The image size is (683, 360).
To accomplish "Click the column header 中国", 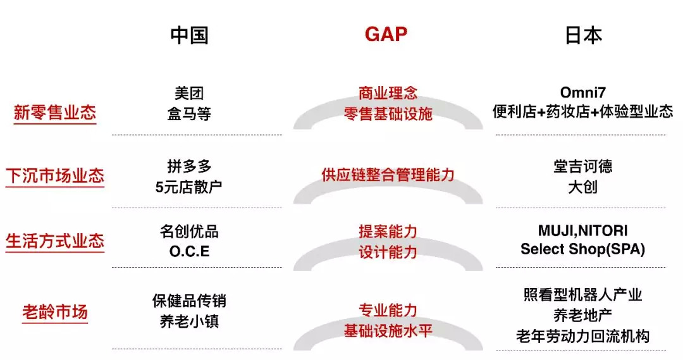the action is click(189, 35).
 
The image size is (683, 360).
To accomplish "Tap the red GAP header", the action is click(386, 34).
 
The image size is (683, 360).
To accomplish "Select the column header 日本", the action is click(583, 35).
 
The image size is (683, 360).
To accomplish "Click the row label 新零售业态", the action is click(55, 113).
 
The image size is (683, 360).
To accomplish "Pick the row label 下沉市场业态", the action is click(55, 175).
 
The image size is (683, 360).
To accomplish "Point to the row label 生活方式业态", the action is click(55, 241).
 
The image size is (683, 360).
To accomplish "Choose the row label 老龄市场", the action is click(55, 313).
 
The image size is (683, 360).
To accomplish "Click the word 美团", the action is click(189, 93).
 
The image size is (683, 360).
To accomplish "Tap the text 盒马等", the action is click(189, 114).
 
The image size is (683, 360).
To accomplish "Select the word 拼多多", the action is click(189, 166).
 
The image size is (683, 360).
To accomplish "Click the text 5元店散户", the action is click(189, 187).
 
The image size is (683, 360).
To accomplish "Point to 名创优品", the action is click(189, 230).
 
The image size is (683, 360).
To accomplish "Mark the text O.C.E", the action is click(189, 251).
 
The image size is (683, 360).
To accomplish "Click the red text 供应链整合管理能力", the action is click(388, 175).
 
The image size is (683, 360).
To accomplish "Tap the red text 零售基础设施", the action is click(388, 114).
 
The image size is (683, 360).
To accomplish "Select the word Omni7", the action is click(582, 92).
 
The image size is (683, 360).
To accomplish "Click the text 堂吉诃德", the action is click(582, 166).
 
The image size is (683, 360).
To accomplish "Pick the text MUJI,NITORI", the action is click(582, 230).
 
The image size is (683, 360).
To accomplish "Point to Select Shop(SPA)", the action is click(582, 249).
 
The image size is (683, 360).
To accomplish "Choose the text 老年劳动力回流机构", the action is click(582, 336).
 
